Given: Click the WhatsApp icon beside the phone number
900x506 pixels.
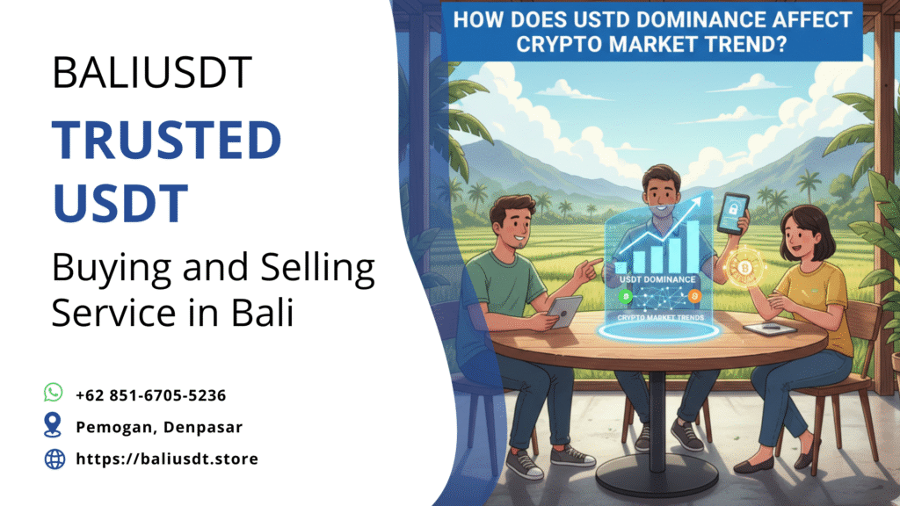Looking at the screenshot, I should click(54, 393).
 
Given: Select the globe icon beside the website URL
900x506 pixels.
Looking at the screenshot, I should click(54, 459).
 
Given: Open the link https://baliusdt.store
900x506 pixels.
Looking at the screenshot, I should click(167, 459).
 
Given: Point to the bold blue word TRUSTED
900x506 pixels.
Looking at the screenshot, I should click(167, 141).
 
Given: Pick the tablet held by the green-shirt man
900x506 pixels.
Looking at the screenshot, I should click(565, 311).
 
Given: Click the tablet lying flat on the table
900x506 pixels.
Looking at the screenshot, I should click(768, 329).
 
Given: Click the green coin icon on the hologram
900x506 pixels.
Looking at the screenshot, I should click(626, 296).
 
